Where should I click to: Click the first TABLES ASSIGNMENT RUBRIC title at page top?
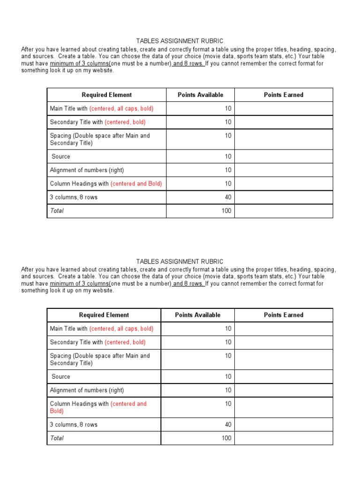coord(180,41)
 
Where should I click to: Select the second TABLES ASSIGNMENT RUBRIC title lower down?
coord(180,262)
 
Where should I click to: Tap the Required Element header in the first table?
coord(107,95)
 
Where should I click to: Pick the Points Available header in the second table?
coord(197,315)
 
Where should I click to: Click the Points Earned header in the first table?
coord(284,95)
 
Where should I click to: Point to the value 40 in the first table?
coord(228,197)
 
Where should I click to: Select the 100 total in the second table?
coord(226,438)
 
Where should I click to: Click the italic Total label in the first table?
coord(57,211)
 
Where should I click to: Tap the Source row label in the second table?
coord(61,376)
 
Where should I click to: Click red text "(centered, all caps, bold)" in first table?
coord(121,109)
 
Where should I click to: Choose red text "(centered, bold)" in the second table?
coord(125,342)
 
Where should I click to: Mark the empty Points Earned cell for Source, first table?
coord(284,157)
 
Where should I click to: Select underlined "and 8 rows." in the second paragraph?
coord(188,284)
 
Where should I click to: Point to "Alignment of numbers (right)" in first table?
coord(87,170)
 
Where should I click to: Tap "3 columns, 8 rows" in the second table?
coord(74,425)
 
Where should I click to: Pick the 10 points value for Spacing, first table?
coord(228,136)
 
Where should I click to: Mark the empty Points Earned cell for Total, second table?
coord(284,438)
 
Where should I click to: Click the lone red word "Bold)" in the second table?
coord(57,411)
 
